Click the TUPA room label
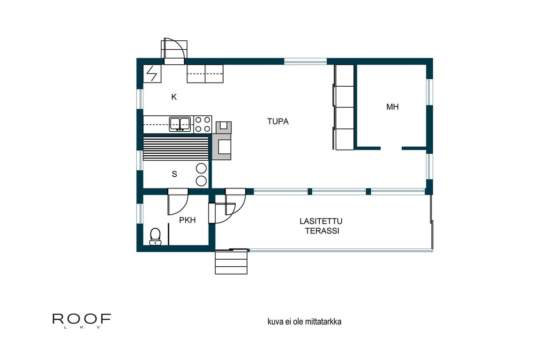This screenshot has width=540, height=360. (x=277, y=121)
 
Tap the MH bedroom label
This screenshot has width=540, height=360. (x=392, y=107)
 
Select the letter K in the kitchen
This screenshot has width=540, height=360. (x=174, y=97)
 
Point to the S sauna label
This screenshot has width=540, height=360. (x=174, y=174)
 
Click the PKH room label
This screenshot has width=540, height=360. (x=187, y=220)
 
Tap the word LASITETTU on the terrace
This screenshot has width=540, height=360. (x=321, y=221)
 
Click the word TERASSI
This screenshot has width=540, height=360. (x=322, y=231)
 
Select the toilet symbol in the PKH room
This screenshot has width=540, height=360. (x=155, y=236)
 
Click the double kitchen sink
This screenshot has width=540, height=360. (x=180, y=124)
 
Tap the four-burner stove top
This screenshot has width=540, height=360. (x=202, y=124)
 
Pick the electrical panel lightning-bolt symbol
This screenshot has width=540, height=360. (x=152, y=74)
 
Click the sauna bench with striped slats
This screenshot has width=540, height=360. (x=176, y=149)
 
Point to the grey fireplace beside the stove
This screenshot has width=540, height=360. (x=221, y=141)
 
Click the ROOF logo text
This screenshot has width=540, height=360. (x=82, y=319)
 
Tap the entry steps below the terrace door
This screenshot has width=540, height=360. (x=231, y=262)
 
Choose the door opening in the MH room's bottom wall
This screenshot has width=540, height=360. (x=391, y=149)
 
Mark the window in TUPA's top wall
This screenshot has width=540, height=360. (x=305, y=61)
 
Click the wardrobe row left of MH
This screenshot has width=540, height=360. (x=343, y=107)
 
